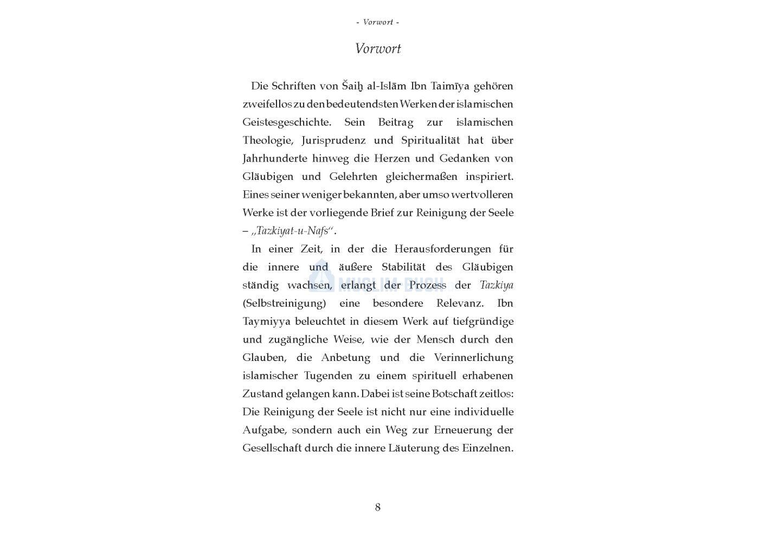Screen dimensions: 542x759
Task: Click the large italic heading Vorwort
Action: [x=378, y=49]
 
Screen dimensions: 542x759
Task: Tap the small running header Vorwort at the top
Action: [x=378, y=22]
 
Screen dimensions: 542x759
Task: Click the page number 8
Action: [x=378, y=507]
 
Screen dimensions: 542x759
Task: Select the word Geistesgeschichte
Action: [x=286, y=122]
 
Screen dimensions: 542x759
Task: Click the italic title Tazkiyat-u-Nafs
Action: [x=293, y=231]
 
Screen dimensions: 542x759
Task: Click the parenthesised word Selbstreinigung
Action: [x=284, y=304]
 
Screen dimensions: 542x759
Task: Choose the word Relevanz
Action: [x=460, y=304]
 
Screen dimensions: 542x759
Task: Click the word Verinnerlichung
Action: [x=473, y=358]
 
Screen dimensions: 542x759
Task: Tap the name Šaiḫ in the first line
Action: [x=353, y=86]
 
